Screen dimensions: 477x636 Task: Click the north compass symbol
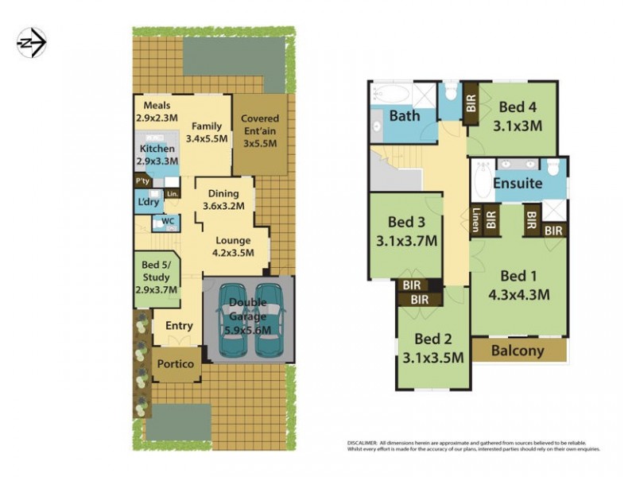pos(32,42)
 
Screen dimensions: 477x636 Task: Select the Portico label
pos(175,363)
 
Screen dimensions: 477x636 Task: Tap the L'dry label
pos(148,204)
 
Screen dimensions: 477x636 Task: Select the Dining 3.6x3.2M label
pos(223,200)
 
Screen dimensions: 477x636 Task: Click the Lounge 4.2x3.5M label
pos(232,246)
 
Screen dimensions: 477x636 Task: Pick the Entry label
pos(179,326)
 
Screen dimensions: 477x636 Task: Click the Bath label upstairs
pos(404,116)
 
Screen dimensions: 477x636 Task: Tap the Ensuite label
pos(518,184)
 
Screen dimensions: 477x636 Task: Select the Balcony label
pos(518,351)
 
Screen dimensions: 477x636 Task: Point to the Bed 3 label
pos(405,230)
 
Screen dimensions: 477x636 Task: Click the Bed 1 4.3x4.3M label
pos(518,284)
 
